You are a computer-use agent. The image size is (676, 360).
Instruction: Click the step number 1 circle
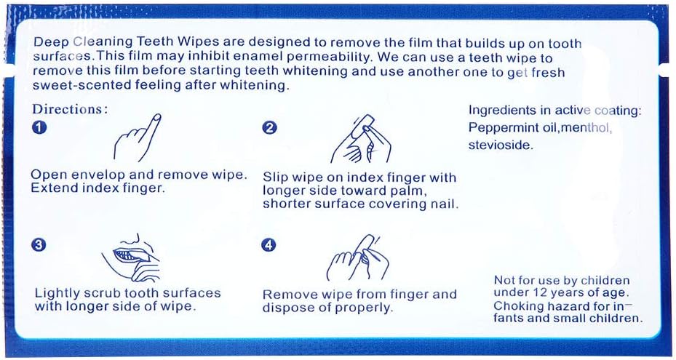pyautogui.click(x=39, y=127)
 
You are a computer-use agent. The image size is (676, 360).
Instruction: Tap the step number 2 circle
pyautogui.click(x=269, y=128)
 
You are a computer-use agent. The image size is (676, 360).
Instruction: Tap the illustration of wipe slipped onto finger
pyautogui.click(x=361, y=138)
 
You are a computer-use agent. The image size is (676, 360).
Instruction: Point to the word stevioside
pyautogui.click(x=501, y=145)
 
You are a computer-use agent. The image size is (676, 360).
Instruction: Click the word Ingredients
pyautogui.click(x=501, y=111)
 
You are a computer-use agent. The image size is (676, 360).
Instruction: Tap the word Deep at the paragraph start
pyautogui.click(x=48, y=44)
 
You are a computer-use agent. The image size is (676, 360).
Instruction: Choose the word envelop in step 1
pyautogui.click(x=103, y=175)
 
